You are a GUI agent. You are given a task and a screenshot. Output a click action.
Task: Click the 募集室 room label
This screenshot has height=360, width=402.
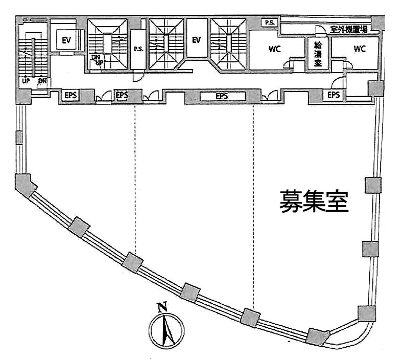[313, 201]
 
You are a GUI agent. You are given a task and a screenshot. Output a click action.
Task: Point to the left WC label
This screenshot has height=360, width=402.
[275, 50]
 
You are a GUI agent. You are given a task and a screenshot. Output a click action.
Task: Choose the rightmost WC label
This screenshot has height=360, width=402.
[360, 49]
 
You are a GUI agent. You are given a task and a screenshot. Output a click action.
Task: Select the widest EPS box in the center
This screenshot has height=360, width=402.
[222, 96]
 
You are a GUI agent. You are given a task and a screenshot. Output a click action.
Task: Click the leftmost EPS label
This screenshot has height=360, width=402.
[70, 95]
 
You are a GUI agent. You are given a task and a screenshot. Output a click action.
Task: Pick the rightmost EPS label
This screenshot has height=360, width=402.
[334, 95]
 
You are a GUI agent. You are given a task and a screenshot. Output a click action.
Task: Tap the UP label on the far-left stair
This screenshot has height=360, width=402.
[25, 81]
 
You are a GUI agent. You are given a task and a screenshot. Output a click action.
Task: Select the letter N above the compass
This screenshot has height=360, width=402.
[163, 307]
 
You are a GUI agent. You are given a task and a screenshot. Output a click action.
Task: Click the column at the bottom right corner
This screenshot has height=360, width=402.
[367, 312]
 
